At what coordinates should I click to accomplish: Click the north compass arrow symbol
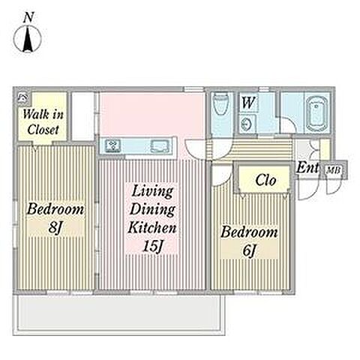(28, 39)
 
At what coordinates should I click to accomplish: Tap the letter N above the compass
(28, 18)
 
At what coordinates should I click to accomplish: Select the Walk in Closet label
(43, 122)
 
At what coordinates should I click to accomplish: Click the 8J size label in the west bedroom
(55, 227)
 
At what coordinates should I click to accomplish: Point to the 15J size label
(153, 246)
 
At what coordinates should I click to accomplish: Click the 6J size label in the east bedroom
(249, 250)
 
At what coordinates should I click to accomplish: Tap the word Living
(152, 192)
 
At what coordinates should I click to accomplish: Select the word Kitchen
(152, 228)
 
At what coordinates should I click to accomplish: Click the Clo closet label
(265, 180)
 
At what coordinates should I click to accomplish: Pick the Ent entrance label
(307, 168)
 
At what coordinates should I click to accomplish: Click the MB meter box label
(334, 170)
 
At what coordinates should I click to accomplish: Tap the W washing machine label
(248, 103)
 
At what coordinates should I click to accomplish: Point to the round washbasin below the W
(247, 124)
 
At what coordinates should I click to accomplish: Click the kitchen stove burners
(112, 145)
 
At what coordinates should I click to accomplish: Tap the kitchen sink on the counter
(160, 145)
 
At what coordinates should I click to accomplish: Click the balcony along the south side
(119, 315)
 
